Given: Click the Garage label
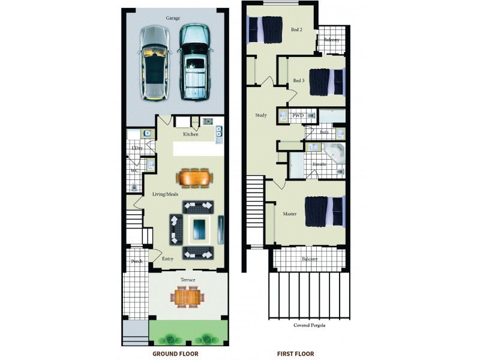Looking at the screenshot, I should pyautogui.click(x=173, y=18).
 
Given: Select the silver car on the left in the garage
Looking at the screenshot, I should pyautogui.click(x=155, y=62).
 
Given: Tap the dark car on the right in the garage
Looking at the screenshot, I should pyautogui.click(x=194, y=62).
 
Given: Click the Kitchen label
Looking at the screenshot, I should pyautogui.click(x=191, y=134).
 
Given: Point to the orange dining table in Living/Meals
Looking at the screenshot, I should pyautogui.click(x=195, y=178).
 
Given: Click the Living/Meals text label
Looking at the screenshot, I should pyautogui.click(x=165, y=194).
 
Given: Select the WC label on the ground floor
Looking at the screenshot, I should pyautogui.click(x=135, y=171).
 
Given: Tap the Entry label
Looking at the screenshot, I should pyautogui.click(x=168, y=259).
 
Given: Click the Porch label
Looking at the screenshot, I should pyautogui.click(x=137, y=262).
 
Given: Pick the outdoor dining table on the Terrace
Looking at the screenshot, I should pyautogui.click(x=189, y=295).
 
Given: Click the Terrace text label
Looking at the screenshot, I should pyautogui.click(x=188, y=280).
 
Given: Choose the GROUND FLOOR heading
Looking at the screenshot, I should pyautogui.click(x=175, y=354).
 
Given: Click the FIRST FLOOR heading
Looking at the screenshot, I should pyautogui.click(x=295, y=354).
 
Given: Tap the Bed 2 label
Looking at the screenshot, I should pyautogui.click(x=297, y=29).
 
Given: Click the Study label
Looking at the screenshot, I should pyautogui.click(x=261, y=115).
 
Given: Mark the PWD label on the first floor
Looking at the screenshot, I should pyautogui.click(x=298, y=115).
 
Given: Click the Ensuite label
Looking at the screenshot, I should pyautogui.click(x=319, y=163).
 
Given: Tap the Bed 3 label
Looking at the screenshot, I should pyautogui.click(x=299, y=80).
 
